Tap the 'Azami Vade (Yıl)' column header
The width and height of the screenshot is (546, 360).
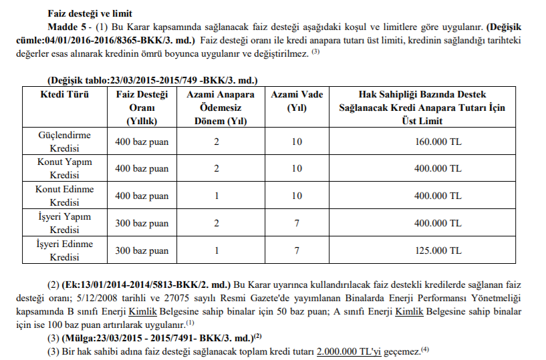point(296,101)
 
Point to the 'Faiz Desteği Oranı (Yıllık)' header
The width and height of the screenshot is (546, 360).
point(141,108)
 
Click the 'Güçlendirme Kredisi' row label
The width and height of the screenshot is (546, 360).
point(64,142)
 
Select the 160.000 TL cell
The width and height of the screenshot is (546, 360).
point(437,142)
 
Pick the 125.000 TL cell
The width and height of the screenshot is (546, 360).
point(437,251)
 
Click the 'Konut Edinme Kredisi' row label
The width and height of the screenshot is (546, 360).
point(64,196)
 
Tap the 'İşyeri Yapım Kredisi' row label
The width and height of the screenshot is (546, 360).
point(64,223)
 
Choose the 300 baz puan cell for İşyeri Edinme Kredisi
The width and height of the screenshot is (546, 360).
point(142,251)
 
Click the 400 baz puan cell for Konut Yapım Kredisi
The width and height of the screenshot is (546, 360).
point(142,168)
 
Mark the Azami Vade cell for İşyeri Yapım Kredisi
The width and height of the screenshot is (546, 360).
point(296,223)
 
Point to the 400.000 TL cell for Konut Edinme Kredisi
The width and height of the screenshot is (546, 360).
point(437,196)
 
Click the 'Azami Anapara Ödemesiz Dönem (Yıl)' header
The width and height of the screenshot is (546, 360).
point(216,108)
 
